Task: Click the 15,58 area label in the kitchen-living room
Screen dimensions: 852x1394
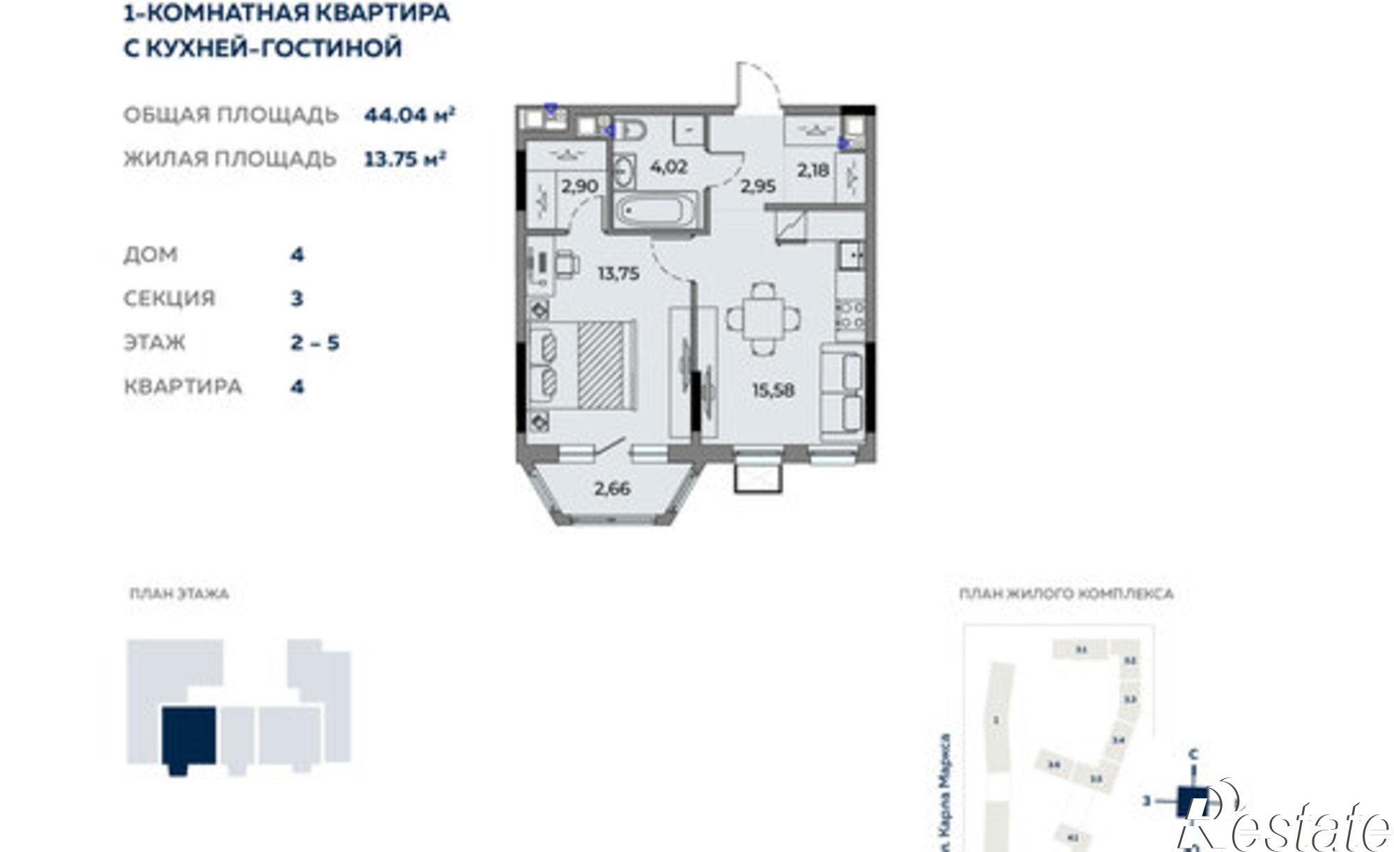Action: point(773,390)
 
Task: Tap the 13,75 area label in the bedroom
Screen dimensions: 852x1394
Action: point(618,274)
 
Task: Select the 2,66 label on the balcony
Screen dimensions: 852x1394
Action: point(612,488)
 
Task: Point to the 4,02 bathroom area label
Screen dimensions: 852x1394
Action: point(668,167)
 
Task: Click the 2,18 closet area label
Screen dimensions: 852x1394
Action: point(813,169)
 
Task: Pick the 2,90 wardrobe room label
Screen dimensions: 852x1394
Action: point(579,187)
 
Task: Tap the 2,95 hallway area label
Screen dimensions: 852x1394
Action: point(758,186)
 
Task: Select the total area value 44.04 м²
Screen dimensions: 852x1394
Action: point(409,115)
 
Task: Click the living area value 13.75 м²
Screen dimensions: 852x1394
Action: point(405,160)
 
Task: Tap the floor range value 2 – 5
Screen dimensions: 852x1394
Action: point(314,343)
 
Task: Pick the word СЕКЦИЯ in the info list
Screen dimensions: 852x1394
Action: point(169,299)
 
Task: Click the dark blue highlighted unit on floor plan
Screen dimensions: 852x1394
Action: point(188,737)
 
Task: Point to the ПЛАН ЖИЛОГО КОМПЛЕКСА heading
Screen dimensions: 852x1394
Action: point(1066,594)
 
